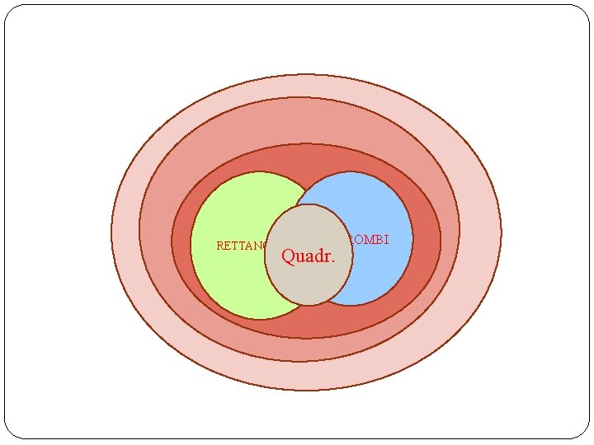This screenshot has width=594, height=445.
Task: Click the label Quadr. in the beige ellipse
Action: click(309, 256)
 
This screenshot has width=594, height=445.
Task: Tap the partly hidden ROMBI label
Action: click(369, 240)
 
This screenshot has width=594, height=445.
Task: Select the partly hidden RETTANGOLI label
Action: click(240, 246)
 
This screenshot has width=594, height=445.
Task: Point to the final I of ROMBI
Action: click(386, 240)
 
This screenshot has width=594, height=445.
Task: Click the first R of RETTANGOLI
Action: click(220, 246)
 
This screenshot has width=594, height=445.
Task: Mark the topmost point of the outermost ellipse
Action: click(306, 75)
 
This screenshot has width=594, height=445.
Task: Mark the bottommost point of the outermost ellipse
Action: click(306, 390)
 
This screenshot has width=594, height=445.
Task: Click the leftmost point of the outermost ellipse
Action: click(111, 232)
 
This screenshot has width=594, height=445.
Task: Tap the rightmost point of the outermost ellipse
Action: click(501, 232)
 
